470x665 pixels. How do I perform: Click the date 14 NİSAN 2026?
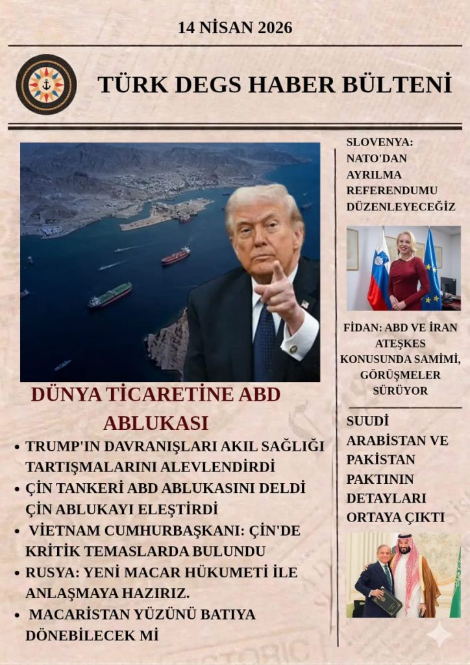(235, 28)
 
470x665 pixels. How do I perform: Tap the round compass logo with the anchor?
(46, 84)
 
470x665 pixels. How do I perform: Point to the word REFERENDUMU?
(392, 190)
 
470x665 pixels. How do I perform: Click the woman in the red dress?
(408, 273)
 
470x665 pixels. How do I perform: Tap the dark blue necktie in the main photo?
(265, 340)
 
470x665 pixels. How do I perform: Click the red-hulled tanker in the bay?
(176, 256)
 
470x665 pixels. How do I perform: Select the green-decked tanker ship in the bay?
(110, 295)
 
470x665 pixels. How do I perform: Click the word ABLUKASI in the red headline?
(156, 423)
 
